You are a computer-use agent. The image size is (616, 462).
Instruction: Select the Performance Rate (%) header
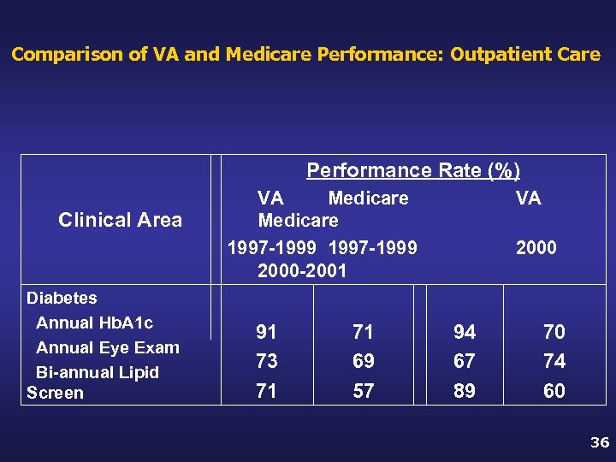click(x=413, y=170)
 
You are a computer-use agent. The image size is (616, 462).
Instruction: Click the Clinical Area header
click(x=120, y=221)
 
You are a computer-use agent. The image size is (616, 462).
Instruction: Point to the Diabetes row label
click(x=62, y=299)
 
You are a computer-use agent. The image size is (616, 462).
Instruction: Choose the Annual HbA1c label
click(x=94, y=323)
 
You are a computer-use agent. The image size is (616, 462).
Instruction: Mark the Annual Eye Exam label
click(x=107, y=347)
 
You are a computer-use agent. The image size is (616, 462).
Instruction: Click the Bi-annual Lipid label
click(x=98, y=372)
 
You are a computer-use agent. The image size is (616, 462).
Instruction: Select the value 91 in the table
click(x=266, y=332)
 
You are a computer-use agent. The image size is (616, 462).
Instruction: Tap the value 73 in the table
click(x=266, y=361)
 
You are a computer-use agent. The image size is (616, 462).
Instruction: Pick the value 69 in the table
click(x=363, y=361)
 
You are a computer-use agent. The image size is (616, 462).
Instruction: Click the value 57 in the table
click(x=363, y=391)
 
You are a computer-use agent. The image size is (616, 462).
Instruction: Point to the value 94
click(x=465, y=332)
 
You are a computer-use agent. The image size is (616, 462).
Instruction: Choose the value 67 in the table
click(x=465, y=361)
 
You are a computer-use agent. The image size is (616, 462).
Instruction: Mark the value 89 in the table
click(x=465, y=391)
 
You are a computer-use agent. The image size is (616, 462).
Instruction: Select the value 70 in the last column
click(x=554, y=332)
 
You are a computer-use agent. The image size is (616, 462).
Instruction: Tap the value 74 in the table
click(x=554, y=361)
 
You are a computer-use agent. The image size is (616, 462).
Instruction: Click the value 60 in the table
click(x=554, y=391)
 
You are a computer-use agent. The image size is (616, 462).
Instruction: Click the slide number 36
click(x=599, y=443)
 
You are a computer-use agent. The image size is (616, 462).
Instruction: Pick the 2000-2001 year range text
click(x=302, y=271)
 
